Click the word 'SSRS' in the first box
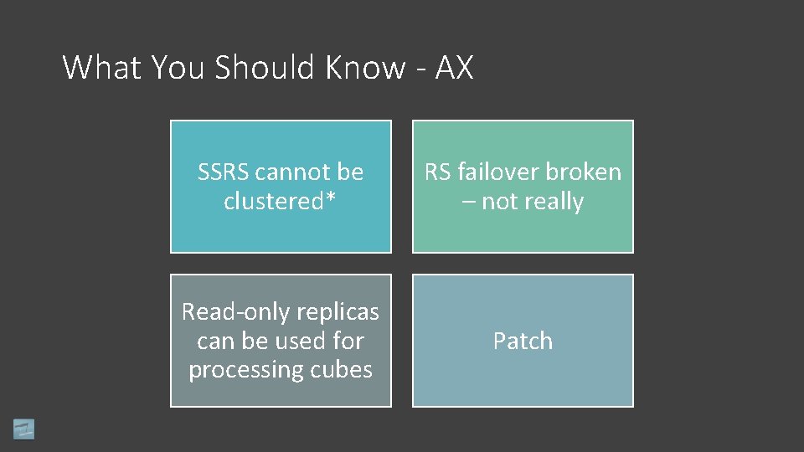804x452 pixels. (224, 172)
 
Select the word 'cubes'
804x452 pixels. (343, 370)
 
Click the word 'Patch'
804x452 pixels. (523, 342)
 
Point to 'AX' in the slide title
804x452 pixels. (455, 68)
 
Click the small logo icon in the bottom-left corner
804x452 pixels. (23, 429)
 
